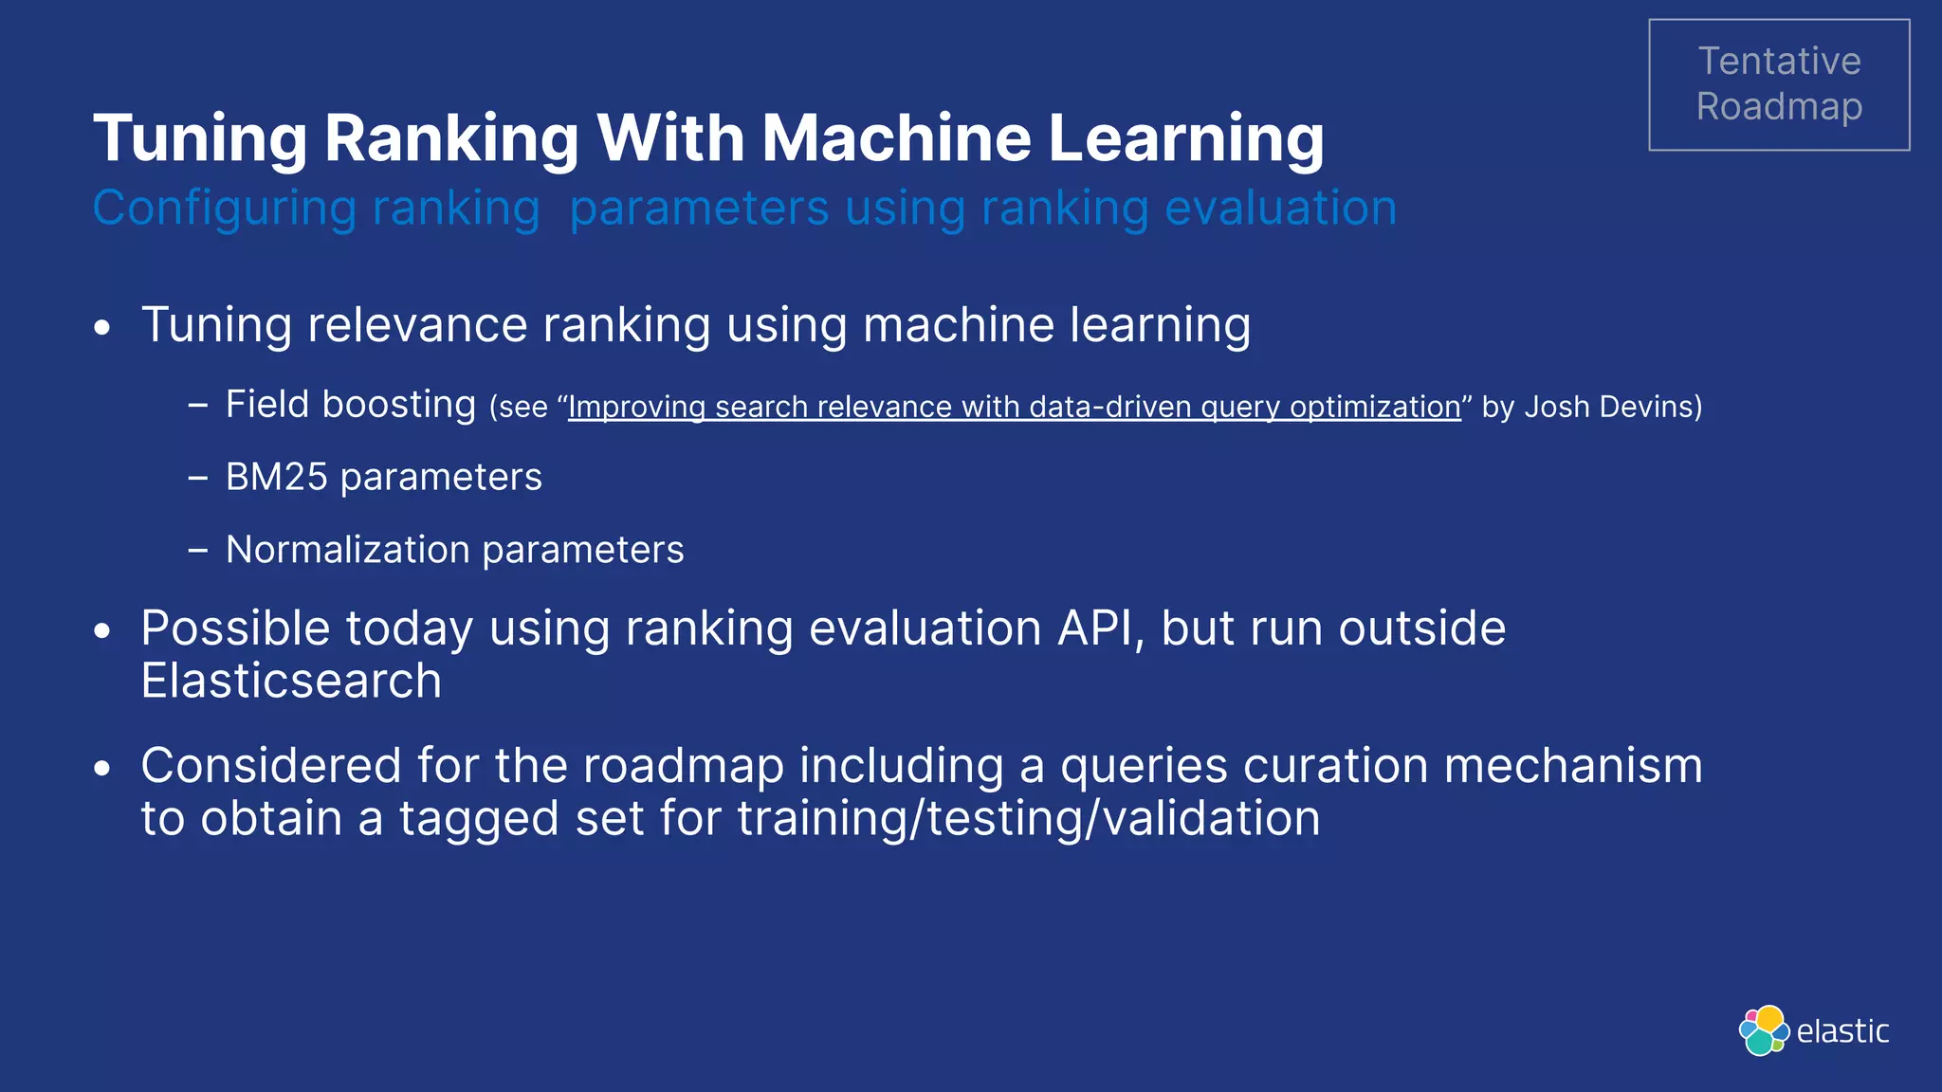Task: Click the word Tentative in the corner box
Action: pyautogui.click(x=1779, y=62)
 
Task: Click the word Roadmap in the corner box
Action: pyautogui.click(x=1779, y=107)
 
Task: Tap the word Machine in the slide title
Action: pyautogui.click(x=896, y=138)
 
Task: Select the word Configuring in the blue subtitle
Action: pyautogui.click(x=224, y=209)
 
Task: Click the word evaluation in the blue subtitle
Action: pyautogui.click(x=1280, y=208)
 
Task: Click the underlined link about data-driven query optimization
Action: pyautogui.click(x=1014, y=407)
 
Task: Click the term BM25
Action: pyautogui.click(x=276, y=477)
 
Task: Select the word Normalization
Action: pyautogui.click(x=347, y=550)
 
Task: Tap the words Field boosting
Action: pyautogui.click(x=350, y=405)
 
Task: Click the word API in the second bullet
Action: pyautogui.click(x=1098, y=628)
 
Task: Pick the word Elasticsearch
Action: pyautogui.click(x=291, y=681)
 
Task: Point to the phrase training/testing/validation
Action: pyautogui.click(x=1028, y=818)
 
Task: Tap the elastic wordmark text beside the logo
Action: pyautogui.click(x=1842, y=1031)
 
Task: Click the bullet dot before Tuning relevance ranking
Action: pyautogui.click(x=103, y=329)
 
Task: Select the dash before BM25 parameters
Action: pyautogui.click(x=197, y=478)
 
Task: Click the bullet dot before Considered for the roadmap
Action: pyautogui.click(x=103, y=769)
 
